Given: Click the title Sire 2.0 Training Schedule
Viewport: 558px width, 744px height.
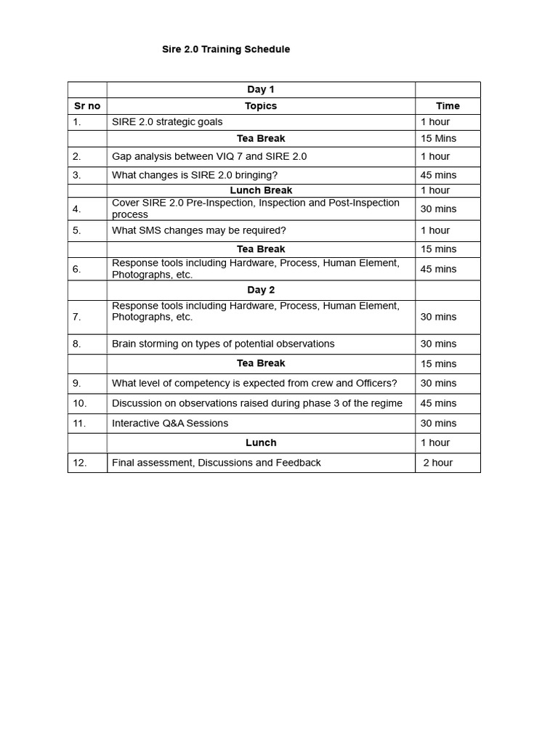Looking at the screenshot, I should tap(225, 49).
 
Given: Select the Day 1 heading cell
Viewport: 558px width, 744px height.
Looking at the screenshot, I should tap(261, 89).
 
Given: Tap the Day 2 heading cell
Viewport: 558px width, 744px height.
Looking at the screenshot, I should tap(261, 290).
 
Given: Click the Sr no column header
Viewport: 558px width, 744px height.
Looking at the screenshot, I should tap(87, 106).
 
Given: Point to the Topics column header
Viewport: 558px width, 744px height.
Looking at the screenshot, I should tap(261, 106).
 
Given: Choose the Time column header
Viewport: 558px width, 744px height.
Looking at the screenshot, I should tap(448, 106).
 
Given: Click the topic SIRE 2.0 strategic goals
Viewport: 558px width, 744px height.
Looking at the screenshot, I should tap(167, 122).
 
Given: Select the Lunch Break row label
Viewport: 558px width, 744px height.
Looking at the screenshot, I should tap(261, 190).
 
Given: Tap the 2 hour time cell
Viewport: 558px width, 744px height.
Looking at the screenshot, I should tap(438, 463).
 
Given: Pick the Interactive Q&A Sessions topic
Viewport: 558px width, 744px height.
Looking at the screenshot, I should tap(170, 423).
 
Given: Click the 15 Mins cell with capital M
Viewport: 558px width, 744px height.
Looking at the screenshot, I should tap(438, 139).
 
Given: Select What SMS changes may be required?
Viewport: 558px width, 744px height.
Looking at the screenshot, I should tap(199, 230).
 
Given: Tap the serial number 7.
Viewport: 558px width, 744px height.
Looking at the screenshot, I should tap(76, 317).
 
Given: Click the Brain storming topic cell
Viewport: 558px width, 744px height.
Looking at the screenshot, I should tap(223, 344).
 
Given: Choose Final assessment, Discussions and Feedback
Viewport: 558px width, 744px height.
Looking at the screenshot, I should tap(216, 463).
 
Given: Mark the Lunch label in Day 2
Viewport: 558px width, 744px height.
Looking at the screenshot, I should tap(261, 442).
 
